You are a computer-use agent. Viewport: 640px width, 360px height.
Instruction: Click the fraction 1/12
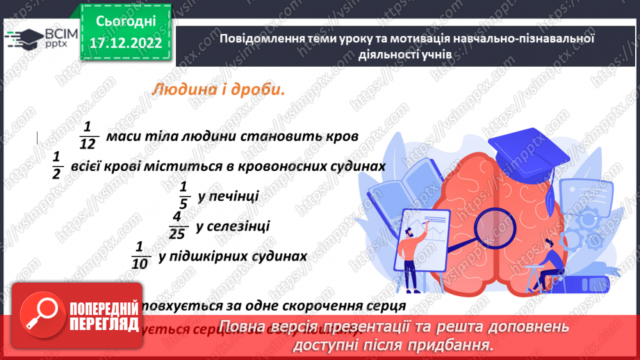tap(87, 134)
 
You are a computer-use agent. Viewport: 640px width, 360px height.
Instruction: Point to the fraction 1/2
tap(56, 165)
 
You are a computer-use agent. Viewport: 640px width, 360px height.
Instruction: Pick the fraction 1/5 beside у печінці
tap(183, 195)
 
